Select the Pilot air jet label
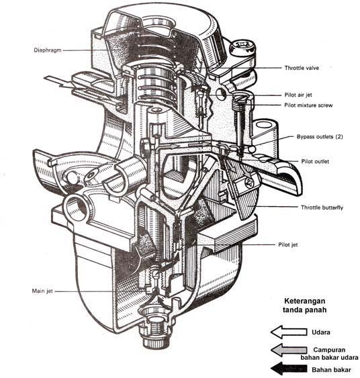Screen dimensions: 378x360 (x=302, y=95)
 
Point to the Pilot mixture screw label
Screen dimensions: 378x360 (x=310, y=106)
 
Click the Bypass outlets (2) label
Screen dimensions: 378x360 (x=320, y=137)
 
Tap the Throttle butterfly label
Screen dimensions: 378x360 (x=317, y=208)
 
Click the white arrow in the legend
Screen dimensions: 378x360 (x=287, y=331)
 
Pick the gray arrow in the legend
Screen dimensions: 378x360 (x=287, y=350)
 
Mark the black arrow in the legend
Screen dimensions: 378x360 (x=287, y=369)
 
